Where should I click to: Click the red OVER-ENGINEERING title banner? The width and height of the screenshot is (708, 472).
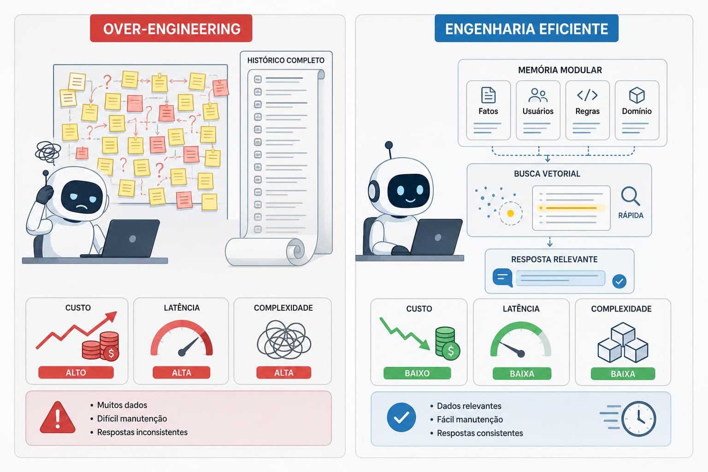pyautogui.click(x=171, y=28)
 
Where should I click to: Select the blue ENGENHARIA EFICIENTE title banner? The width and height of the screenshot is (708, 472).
pyautogui.click(x=526, y=28)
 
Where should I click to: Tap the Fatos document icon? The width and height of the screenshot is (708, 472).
pyautogui.click(x=488, y=95)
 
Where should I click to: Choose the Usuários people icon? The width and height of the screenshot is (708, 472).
pyautogui.click(x=538, y=95)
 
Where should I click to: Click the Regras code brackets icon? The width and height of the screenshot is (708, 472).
pyautogui.click(x=587, y=95)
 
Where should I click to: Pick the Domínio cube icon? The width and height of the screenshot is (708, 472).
pyautogui.click(x=637, y=95)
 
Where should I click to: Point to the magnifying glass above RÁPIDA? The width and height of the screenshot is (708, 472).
pyautogui.click(x=630, y=196)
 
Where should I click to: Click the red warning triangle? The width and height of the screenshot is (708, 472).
pyautogui.click(x=58, y=417)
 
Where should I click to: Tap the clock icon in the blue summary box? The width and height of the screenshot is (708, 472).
pyautogui.click(x=638, y=419)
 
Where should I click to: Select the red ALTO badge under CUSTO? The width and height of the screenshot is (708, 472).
pyautogui.click(x=76, y=372)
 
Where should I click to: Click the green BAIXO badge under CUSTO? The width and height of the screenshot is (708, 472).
pyautogui.click(x=417, y=373)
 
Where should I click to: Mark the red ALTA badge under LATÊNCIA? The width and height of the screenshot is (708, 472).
pyautogui.click(x=182, y=372)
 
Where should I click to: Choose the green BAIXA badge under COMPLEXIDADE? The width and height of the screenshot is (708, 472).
pyautogui.click(x=623, y=374)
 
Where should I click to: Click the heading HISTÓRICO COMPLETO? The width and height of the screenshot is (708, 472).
pyautogui.click(x=286, y=60)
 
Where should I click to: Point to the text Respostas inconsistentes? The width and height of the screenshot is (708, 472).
pyautogui.click(x=142, y=432)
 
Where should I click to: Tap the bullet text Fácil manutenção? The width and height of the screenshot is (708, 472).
pyautogui.click(x=470, y=419)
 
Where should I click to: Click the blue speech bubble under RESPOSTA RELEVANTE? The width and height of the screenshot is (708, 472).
pyautogui.click(x=502, y=277)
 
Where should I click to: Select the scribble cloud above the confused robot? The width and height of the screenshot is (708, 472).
pyautogui.click(x=48, y=153)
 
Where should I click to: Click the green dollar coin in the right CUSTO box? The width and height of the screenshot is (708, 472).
pyautogui.click(x=451, y=351)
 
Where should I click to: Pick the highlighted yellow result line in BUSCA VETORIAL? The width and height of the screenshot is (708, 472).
pyautogui.click(x=571, y=208)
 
